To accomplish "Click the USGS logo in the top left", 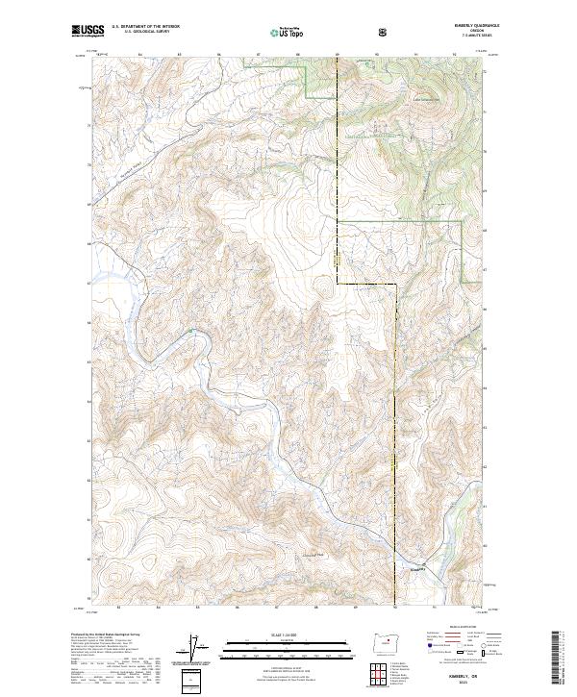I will tap(88, 32).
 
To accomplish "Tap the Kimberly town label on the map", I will tap(414, 569).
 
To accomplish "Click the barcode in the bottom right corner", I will tap(563, 658).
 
